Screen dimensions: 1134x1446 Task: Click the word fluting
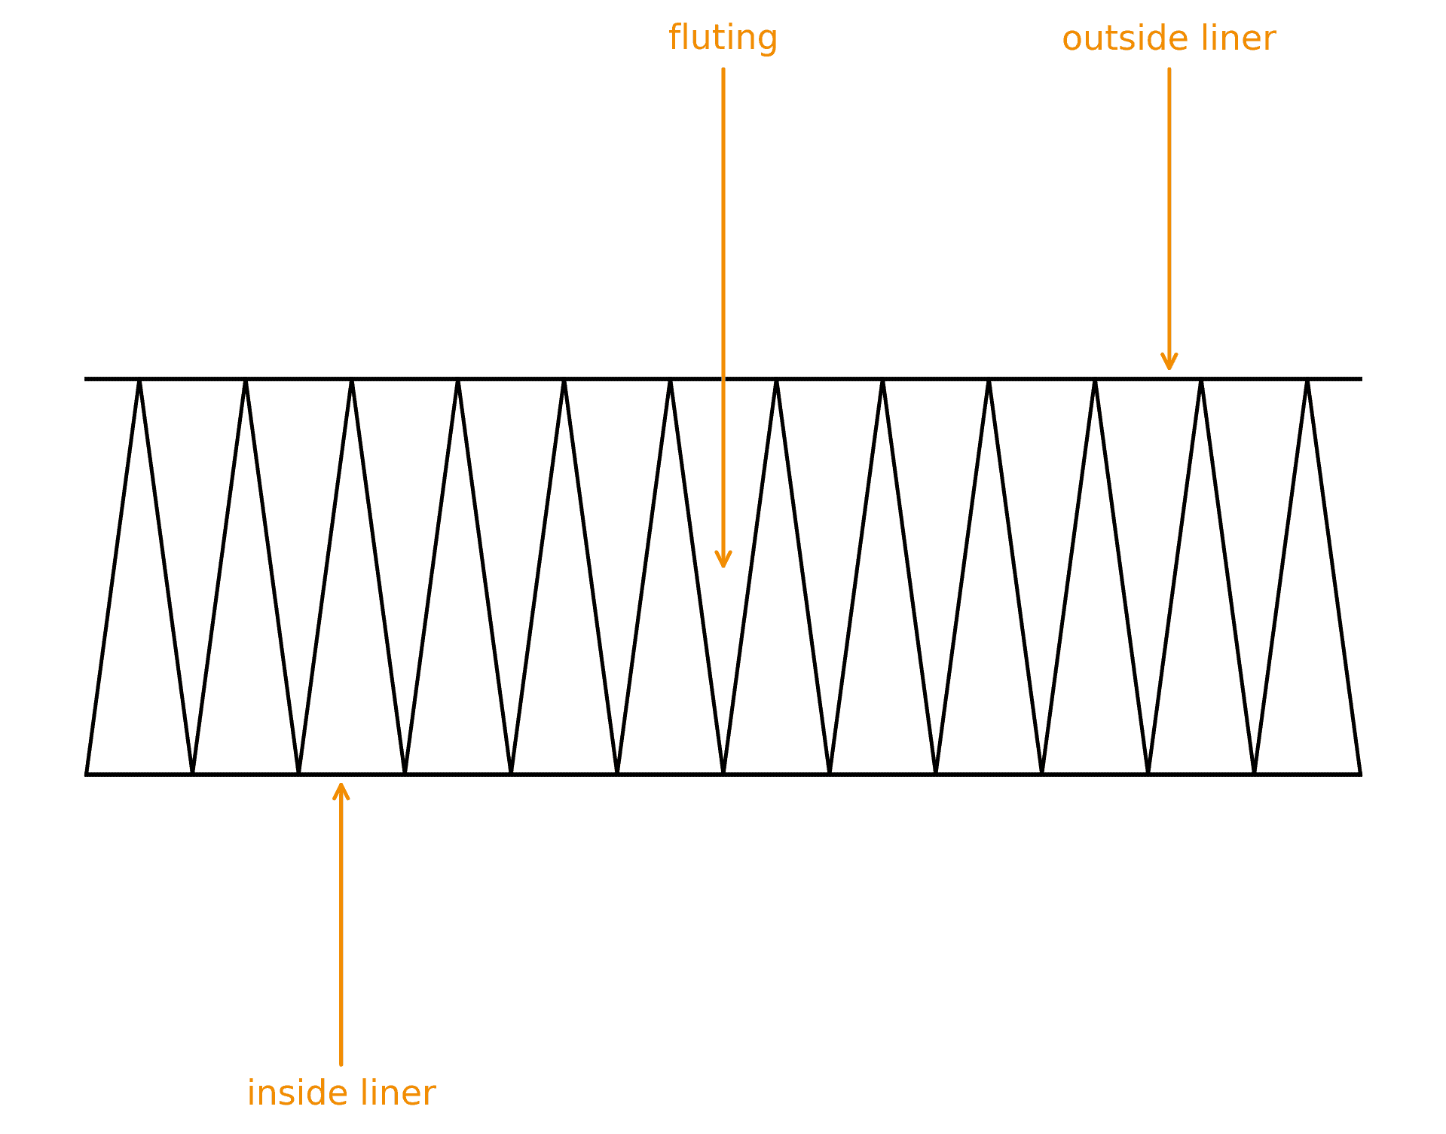(723, 38)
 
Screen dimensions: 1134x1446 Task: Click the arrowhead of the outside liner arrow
(1169, 368)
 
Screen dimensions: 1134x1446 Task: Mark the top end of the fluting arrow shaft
(723, 69)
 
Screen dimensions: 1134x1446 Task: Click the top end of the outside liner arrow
(1169, 69)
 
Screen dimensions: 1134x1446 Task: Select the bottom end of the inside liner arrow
(341, 1064)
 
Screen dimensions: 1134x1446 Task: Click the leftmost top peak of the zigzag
(139, 381)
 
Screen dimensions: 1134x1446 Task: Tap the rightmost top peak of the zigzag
(1307, 381)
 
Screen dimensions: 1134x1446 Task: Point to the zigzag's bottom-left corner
(87, 774)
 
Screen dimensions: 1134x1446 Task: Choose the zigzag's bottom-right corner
(1360, 774)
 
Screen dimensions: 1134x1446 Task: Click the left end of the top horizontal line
(86, 379)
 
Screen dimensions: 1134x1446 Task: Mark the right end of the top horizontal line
(1361, 379)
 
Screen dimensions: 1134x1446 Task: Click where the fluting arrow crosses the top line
(723, 379)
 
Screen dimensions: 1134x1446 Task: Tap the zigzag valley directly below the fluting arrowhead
(723, 772)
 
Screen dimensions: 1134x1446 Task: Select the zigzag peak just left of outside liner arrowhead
(1095, 381)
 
